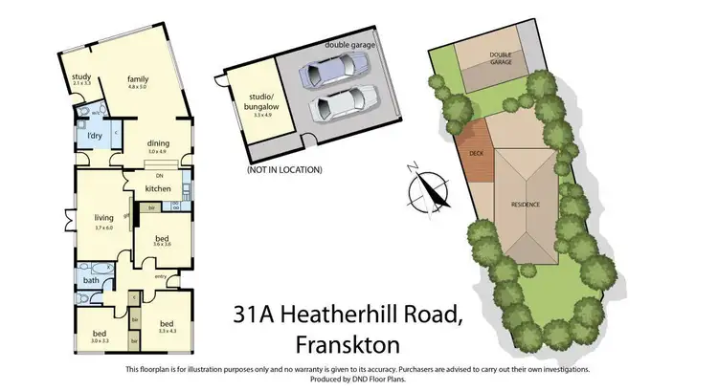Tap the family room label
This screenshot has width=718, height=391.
(x=141, y=79)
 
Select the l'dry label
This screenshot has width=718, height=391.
(x=95, y=136)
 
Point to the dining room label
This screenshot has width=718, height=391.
(x=158, y=143)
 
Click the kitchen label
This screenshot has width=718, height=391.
(x=158, y=188)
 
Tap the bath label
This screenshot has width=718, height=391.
(x=90, y=280)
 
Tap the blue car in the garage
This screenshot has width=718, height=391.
(x=329, y=69)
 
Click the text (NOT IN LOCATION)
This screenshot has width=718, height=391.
(x=283, y=169)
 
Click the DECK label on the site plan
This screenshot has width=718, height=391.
(x=476, y=153)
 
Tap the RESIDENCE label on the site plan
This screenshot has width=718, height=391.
(x=526, y=204)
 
